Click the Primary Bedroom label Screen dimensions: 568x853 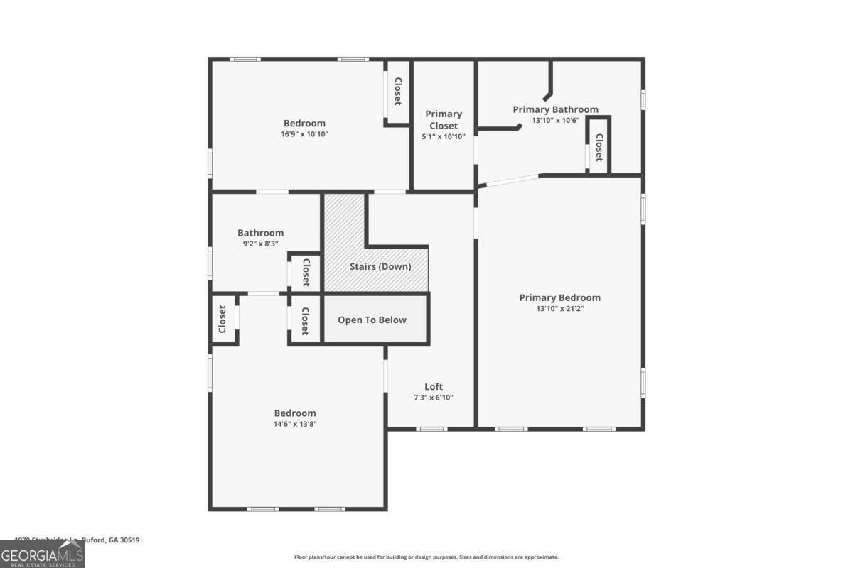click(x=559, y=297)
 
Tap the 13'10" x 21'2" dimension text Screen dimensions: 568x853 click(x=559, y=309)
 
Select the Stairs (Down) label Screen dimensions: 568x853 click(x=380, y=267)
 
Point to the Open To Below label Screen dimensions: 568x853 click(x=372, y=319)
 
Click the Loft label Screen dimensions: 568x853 click(x=434, y=386)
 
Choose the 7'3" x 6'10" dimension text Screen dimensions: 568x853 click(x=434, y=398)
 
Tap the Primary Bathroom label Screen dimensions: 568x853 click(x=555, y=109)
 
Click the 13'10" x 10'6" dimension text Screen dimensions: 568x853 click(x=555, y=120)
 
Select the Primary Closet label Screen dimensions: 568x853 click(x=444, y=119)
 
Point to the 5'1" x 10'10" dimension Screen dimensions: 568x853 click(x=444, y=137)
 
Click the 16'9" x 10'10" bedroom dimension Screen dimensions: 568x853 click(x=304, y=134)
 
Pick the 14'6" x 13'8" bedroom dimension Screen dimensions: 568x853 click(x=295, y=424)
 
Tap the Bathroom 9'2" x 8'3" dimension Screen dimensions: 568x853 click(x=260, y=244)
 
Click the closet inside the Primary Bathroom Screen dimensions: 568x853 click(x=599, y=148)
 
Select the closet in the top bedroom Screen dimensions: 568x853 click(x=398, y=92)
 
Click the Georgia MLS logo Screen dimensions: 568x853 click(x=42, y=554)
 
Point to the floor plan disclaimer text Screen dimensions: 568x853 click(x=426, y=557)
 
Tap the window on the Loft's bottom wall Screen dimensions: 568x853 click(x=431, y=428)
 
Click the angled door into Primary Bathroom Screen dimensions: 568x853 click(x=510, y=180)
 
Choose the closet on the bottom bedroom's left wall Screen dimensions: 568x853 click(x=222, y=319)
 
